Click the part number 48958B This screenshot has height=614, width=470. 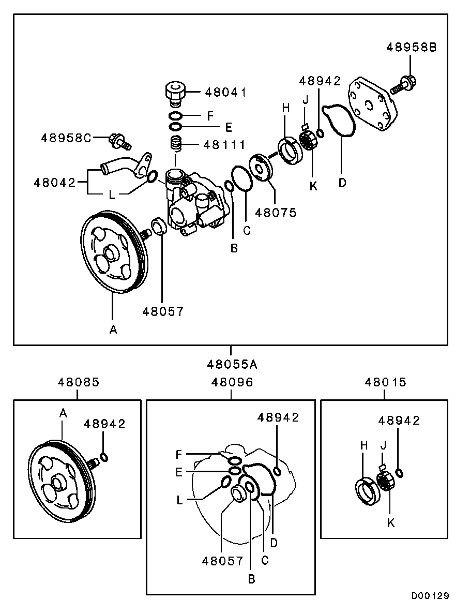click(411, 47)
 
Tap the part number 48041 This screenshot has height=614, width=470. click(225, 93)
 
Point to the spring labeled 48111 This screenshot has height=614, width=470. click(177, 143)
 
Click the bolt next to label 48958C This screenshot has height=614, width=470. click(120, 139)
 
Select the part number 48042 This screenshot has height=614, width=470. click(55, 182)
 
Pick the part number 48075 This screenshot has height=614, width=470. click(276, 212)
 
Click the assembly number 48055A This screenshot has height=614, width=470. click(232, 364)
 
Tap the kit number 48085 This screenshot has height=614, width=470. click(78, 382)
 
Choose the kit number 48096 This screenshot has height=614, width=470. click(232, 382)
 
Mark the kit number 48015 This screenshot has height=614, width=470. click(385, 382)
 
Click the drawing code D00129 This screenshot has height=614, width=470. click(430, 596)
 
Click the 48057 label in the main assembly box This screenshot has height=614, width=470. click(163, 311)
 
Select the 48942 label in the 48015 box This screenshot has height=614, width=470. click(399, 421)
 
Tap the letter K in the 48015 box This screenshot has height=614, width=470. click(391, 523)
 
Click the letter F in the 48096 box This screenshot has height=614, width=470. click(179, 455)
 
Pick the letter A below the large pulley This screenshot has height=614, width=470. click(113, 329)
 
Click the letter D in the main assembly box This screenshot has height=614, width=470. click(342, 183)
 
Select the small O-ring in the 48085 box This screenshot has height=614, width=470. click(104, 457)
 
